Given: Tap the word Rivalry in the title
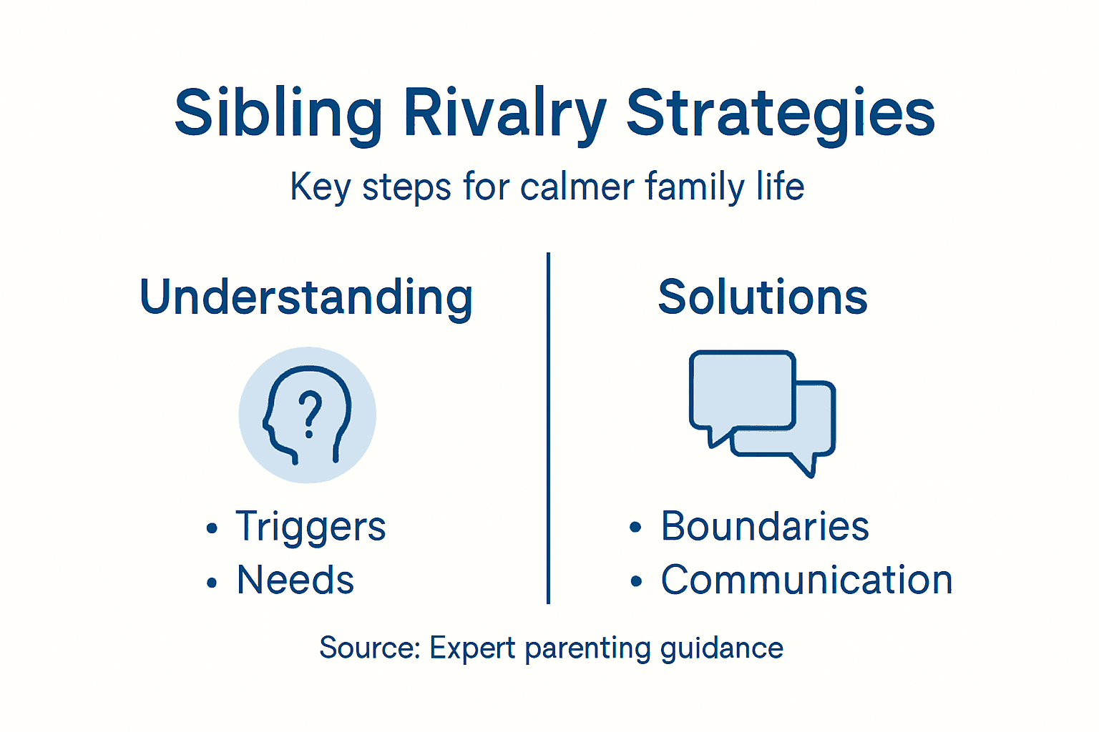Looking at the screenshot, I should tap(504, 114).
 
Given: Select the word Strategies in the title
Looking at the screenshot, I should tap(781, 114).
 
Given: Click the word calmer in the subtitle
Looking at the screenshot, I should tap(577, 187).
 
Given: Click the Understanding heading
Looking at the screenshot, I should tap(306, 297).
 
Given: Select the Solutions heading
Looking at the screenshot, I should tap(763, 297).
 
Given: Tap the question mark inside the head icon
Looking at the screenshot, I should tap(309, 414).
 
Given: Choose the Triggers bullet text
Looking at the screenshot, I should tap(311, 528).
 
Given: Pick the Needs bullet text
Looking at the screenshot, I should tap(295, 580).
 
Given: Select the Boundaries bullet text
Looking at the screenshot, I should tap(764, 527).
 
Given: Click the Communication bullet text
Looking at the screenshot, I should tap(806, 580).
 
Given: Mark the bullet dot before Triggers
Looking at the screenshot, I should tap(212, 529).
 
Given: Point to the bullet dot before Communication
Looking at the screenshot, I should tap(636, 581).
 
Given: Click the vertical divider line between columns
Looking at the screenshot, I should tap(548, 429).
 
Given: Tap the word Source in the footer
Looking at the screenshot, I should tap(368, 648).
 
